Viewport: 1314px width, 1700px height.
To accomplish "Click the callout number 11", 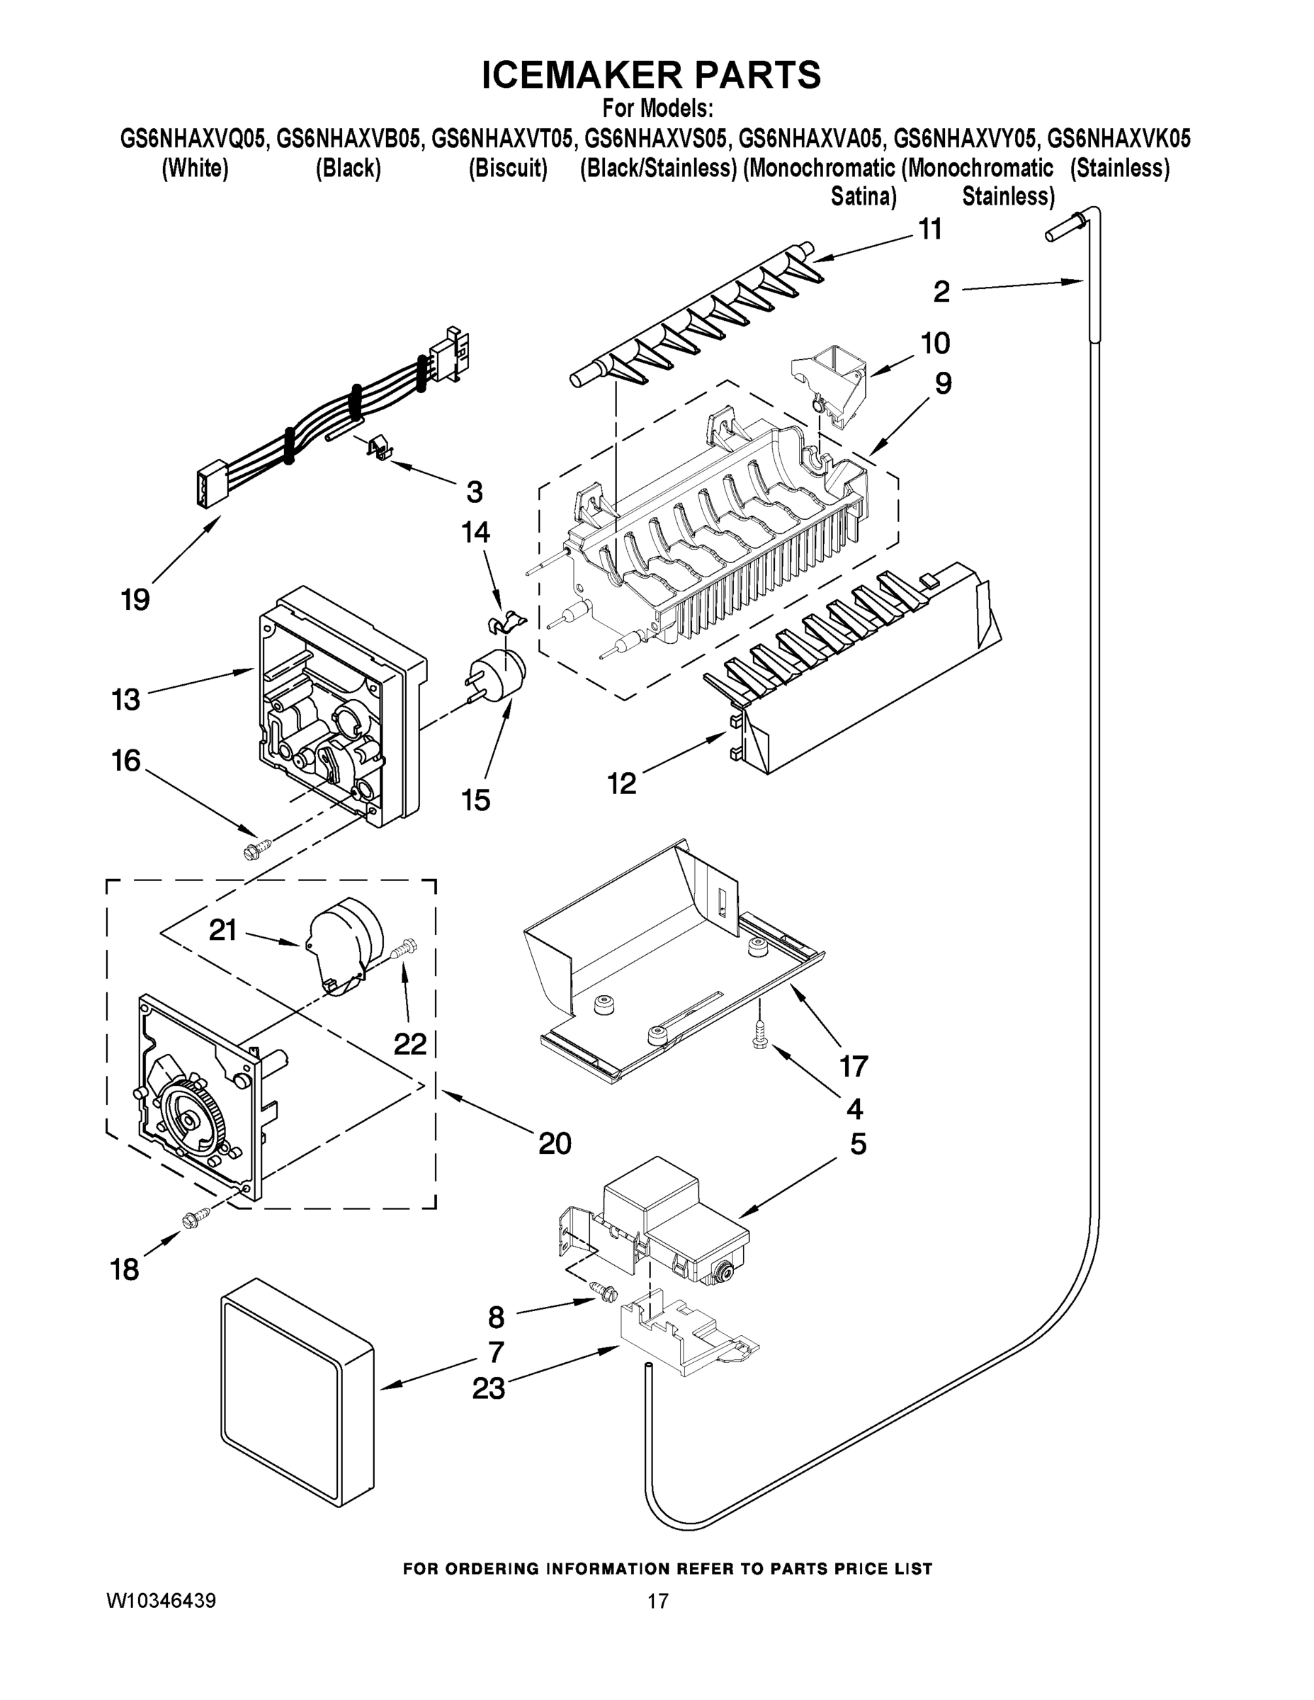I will tap(930, 229).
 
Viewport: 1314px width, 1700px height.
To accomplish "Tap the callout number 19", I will tap(135, 599).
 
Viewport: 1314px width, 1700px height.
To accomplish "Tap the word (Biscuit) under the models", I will tap(508, 168).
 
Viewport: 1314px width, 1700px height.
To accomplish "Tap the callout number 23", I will tap(488, 1388).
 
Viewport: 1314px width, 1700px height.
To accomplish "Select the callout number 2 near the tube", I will tap(941, 292).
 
